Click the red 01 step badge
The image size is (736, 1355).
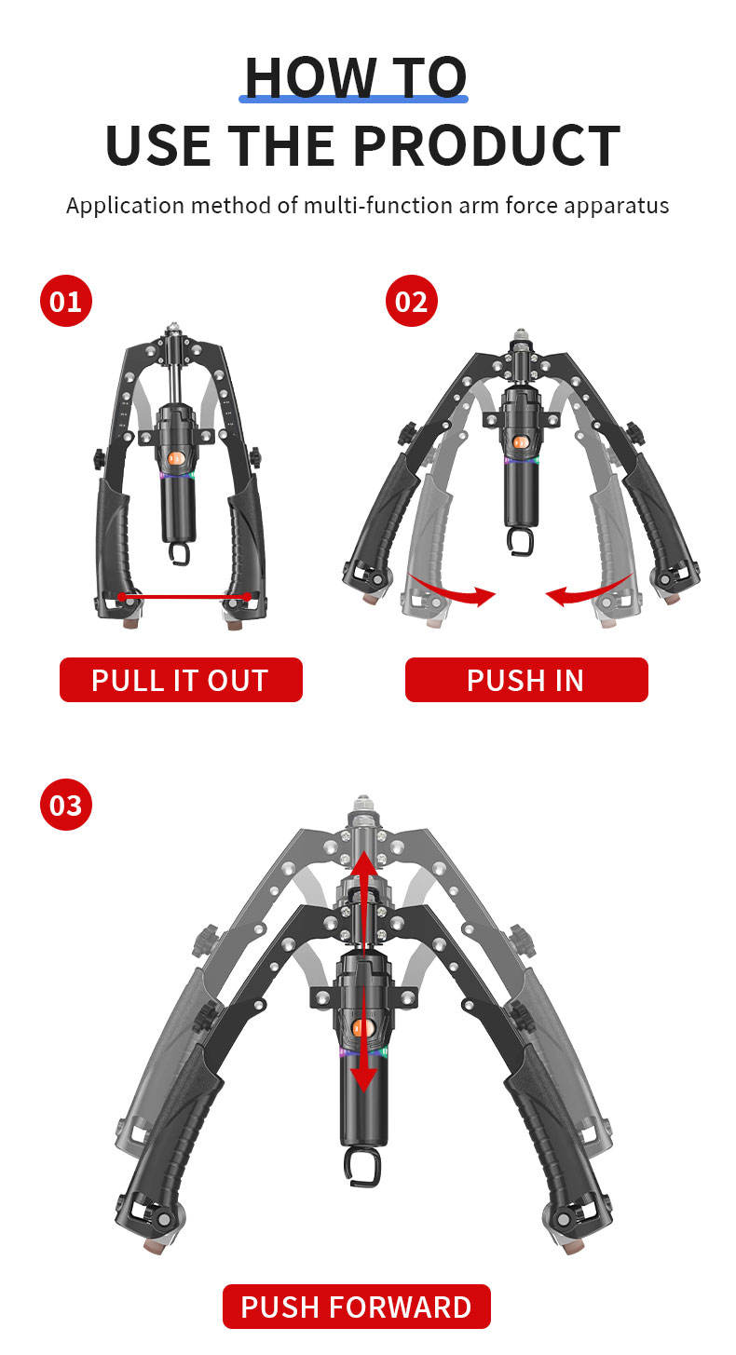point(66,302)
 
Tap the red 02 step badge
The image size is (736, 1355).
point(412,302)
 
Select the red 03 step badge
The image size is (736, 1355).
point(66,804)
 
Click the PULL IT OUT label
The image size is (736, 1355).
point(181,680)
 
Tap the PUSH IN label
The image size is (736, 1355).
point(525,680)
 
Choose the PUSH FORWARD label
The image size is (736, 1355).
point(356,1307)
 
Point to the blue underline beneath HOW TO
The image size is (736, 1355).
point(354,98)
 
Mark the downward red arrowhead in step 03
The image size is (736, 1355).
point(364,1078)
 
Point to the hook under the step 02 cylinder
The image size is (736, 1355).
point(520,540)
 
